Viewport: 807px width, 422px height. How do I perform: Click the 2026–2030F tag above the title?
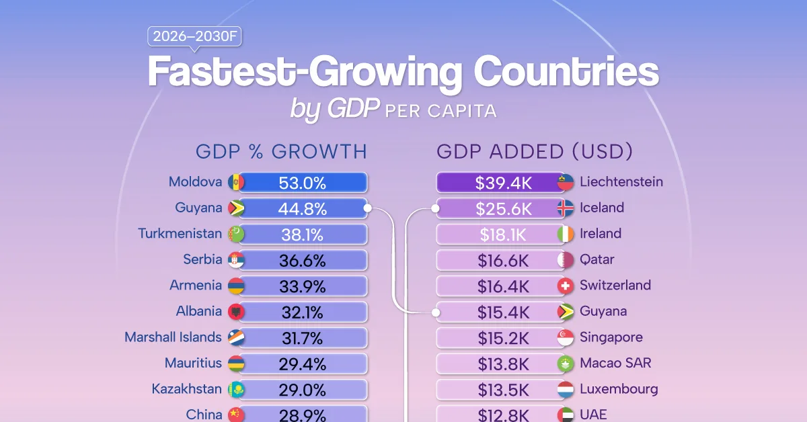(x=194, y=37)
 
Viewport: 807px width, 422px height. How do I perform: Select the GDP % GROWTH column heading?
(x=281, y=152)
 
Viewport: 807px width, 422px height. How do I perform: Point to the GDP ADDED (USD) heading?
(x=535, y=152)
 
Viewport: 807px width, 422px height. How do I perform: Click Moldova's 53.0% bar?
(x=302, y=182)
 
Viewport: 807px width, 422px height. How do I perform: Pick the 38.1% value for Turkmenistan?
(x=302, y=235)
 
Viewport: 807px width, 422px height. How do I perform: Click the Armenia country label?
(x=195, y=286)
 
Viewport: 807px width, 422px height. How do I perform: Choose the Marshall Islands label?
(x=173, y=337)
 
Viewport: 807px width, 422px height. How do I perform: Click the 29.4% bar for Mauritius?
(x=302, y=364)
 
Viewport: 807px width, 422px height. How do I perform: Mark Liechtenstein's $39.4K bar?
(x=502, y=182)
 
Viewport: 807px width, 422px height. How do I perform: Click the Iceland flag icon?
(x=566, y=208)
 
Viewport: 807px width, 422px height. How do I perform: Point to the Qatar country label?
(x=597, y=260)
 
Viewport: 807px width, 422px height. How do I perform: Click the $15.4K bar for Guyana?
(x=502, y=312)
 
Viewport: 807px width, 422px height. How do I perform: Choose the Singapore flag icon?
(x=566, y=338)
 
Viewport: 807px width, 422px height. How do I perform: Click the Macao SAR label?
(x=615, y=364)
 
